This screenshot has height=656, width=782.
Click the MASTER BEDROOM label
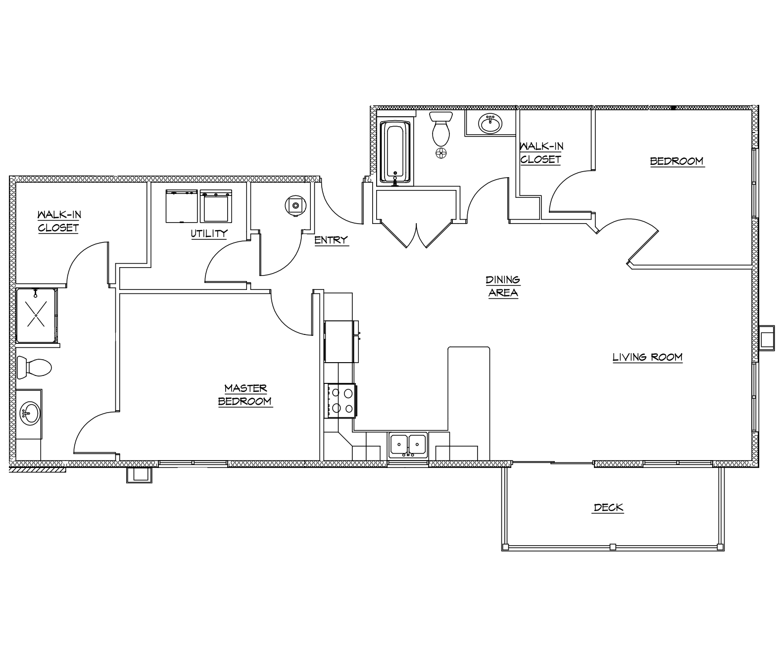pos(245,395)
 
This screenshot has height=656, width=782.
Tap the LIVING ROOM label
pos(647,357)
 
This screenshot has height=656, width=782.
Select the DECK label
pos(608,508)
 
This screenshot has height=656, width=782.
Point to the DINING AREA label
pos(503,286)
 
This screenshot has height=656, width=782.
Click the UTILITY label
pos(209,234)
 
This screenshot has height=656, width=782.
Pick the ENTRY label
pos(331,240)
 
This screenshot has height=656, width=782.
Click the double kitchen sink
pos(408,444)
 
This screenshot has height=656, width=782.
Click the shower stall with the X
pos(36,316)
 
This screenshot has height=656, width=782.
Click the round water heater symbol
pos(295,205)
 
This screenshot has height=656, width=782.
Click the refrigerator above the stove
pos(340,342)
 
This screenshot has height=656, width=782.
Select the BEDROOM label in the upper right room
pos(676,161)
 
